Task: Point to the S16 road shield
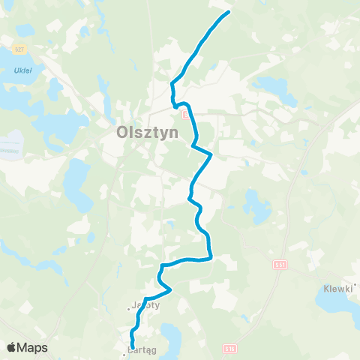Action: [230, 349]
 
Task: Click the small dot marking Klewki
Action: [357, 286]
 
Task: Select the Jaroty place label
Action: [145, 305]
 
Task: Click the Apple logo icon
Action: [11, 347]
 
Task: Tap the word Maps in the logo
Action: [33, 347]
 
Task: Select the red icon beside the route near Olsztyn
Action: [184, 113]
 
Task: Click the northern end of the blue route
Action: [228, 13]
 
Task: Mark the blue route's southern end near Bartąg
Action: [133, 345]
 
